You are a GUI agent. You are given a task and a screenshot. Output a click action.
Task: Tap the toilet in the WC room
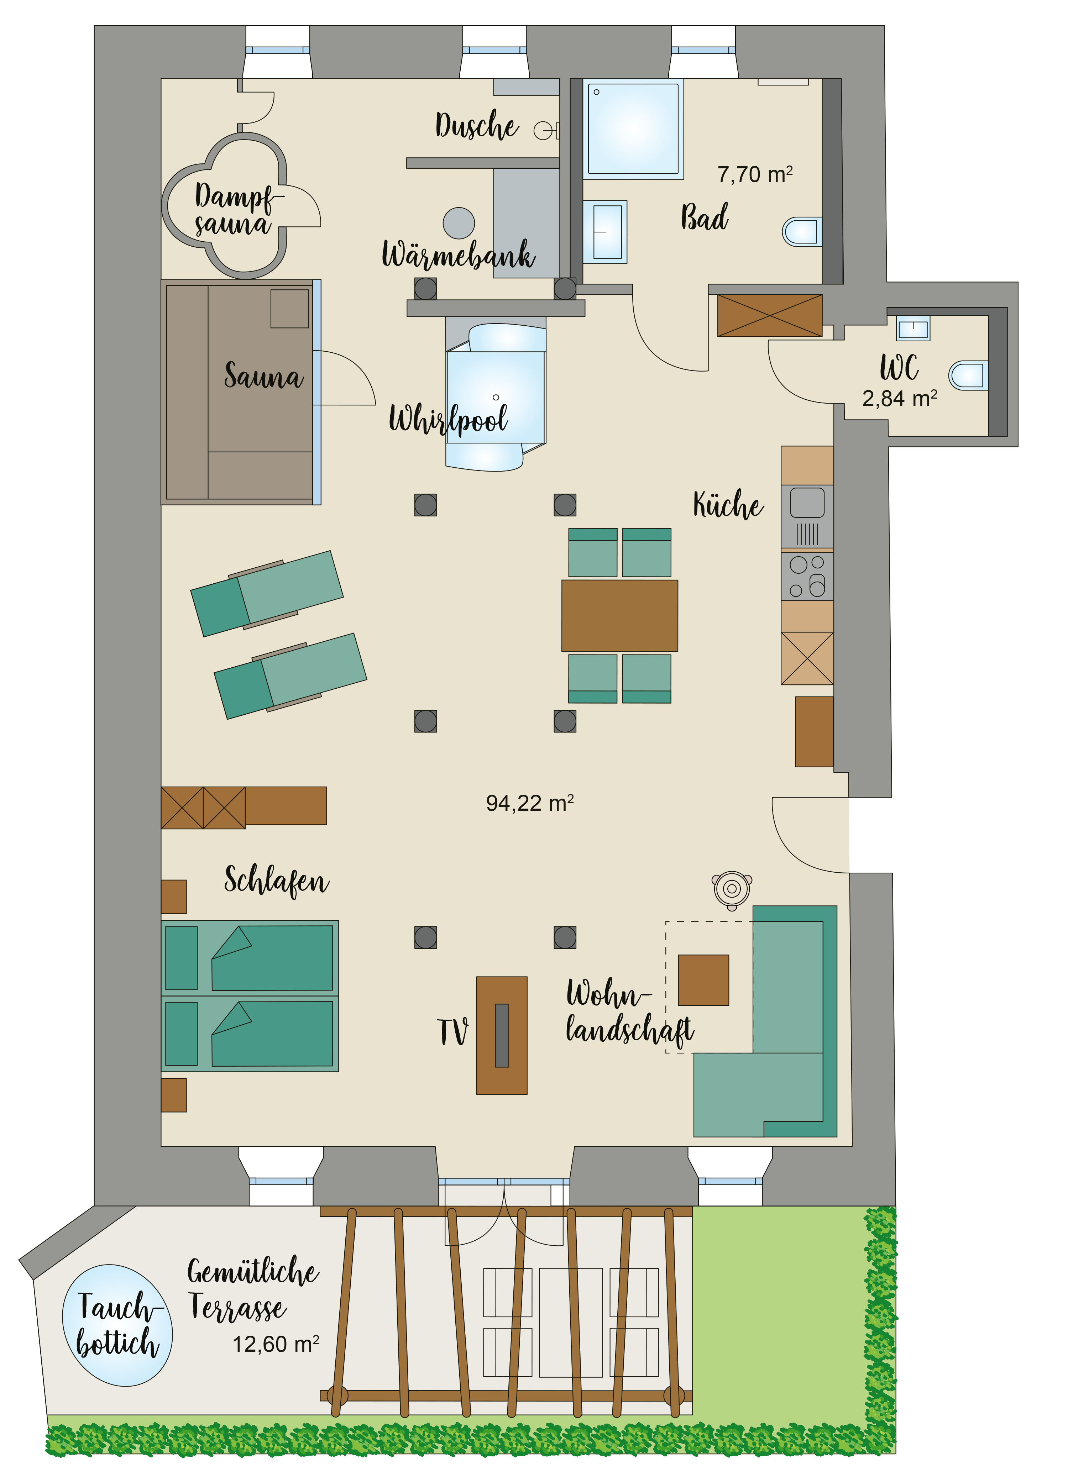pos(968,376)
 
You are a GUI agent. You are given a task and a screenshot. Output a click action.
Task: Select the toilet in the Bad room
pos(802,231)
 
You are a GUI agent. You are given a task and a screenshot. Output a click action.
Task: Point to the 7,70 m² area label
pos(755,174)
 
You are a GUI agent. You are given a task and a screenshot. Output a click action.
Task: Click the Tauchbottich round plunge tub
pos(117,1325)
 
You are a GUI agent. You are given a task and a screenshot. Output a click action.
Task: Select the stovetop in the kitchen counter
pos(807,576)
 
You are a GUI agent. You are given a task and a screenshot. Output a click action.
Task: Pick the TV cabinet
pos(502,1035)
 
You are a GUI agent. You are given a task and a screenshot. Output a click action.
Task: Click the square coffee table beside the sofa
pos(703,980)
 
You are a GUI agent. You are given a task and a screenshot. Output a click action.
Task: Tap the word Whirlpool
pos(449,419)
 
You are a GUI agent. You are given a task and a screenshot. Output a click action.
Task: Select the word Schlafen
pos(277,881)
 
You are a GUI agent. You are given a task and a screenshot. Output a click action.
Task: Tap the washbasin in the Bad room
pos(605,231)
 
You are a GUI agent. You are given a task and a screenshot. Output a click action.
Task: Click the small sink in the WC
pos(913,328)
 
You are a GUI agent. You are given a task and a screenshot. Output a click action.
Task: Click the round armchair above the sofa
pos(732,890)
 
